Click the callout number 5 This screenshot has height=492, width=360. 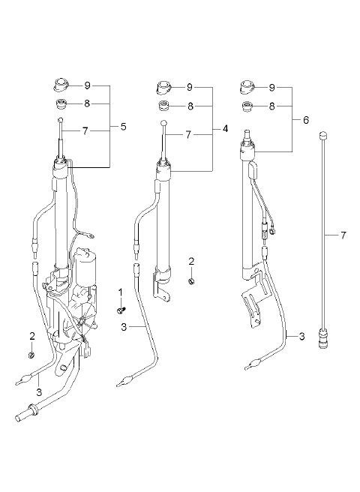123,127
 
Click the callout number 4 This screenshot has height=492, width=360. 225,129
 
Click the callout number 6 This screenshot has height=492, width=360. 306,120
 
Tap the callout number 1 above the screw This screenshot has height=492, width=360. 121,292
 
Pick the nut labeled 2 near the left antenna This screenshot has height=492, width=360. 31,355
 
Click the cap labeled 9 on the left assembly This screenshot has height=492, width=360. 61,85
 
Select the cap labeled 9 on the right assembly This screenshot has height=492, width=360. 248,87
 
